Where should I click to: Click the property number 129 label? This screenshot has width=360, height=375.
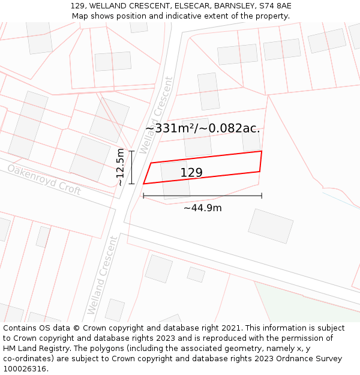point(191,173)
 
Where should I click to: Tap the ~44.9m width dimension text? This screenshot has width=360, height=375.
point(202,208)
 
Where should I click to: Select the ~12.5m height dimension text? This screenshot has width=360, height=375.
point(121,167)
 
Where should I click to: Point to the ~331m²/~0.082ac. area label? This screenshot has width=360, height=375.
point(203,128)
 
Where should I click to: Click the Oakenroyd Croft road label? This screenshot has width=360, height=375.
point(44,179)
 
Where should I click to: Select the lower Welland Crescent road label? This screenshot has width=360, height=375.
point(101,275)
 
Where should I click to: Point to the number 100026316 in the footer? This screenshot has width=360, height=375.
point(24,369)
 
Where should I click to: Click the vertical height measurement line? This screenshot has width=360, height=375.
point(131,167)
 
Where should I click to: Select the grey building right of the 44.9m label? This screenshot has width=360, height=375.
point(271,226)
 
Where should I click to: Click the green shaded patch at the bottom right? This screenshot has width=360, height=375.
point(306,303)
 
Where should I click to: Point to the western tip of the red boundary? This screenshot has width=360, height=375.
point(143,184)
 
